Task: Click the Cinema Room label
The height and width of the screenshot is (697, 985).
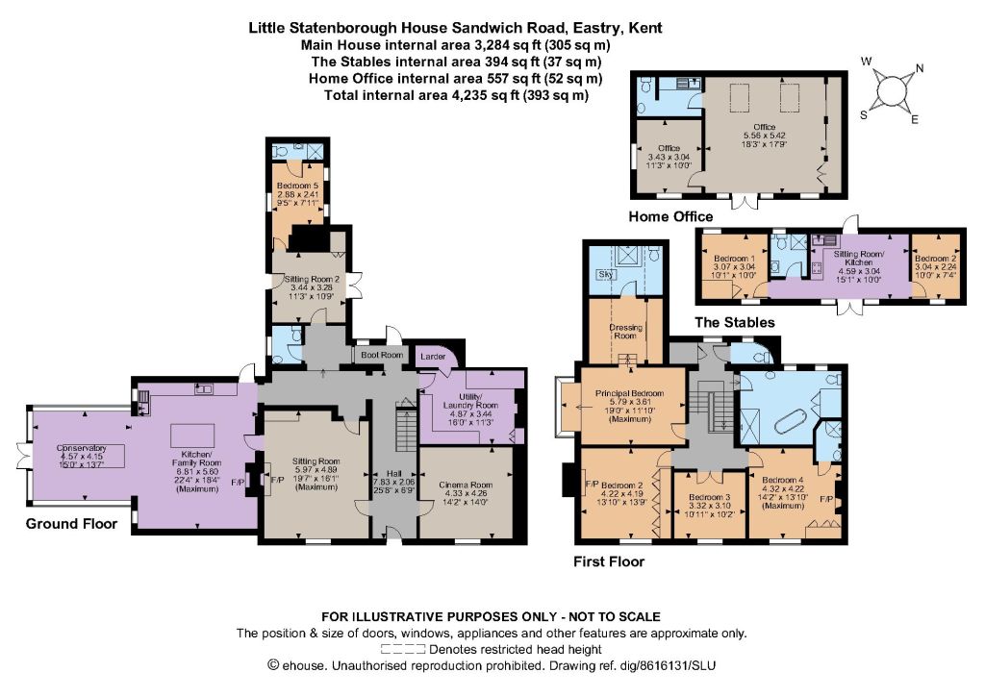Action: pyautogui.click(x=466, y=485)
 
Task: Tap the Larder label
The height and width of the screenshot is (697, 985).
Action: pyautogui.click(x=433, y=356)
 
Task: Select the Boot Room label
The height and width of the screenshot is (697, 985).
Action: pyautogui.click(x=382, y=355)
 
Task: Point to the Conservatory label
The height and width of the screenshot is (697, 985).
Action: pyautogui.click(x=81, y=448)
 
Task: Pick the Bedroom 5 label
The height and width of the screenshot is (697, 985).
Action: pyautogui.click(x=298, y=186)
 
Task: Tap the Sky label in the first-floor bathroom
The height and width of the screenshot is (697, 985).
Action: pyautogui.click(x=606, y=274)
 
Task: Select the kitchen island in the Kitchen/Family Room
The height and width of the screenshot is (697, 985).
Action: pyautogui.click(x=192, y=436)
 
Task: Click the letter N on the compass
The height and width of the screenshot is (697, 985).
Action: pyautogui.click(x=920, y=68)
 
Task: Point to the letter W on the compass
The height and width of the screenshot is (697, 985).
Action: pyautogui.click(x=867, y=61)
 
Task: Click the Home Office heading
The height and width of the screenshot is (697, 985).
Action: pyautogui.click(x=670, y=216)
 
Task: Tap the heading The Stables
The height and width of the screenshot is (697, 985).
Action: pyautogui.click(x=734, y=323)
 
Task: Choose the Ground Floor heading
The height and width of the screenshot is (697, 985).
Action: pyautogui.click(x=71, y=524)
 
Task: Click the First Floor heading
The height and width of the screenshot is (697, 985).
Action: pyautogui.click(x=609, y=561)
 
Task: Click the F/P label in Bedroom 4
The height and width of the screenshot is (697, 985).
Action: pyautogui.click(x=826, y=500)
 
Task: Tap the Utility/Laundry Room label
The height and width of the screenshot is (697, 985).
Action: pyautogui.click(x=469, y=401)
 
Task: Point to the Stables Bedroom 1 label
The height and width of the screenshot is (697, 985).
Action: pyautogui.click(x=734, y=259)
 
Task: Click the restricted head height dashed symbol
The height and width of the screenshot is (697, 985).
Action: pyautogui.click(x=403, y=649)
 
